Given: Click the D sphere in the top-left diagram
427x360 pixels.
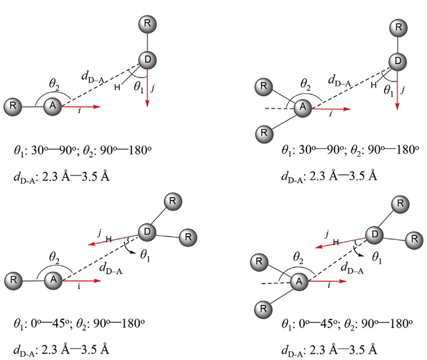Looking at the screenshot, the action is tap(147, 60).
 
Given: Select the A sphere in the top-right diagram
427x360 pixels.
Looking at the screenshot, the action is tap(303, 107).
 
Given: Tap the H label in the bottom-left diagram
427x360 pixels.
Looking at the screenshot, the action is tap(109, 239).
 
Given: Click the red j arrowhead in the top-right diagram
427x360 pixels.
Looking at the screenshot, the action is tap(397, 106).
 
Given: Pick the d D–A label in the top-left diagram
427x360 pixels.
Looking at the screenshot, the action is tap(93, 77).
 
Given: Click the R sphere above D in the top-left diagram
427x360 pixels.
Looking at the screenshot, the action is tap(147, 24).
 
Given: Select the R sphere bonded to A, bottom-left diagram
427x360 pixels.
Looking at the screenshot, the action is tap(13, 281).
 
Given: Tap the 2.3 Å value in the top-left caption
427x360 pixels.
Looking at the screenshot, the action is tap(50, 177).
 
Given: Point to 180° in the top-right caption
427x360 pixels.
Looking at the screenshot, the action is tap(407, 150).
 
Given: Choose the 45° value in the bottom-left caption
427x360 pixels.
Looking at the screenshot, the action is tap(60, 324).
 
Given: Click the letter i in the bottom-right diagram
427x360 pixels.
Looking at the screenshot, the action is tap(329, 285).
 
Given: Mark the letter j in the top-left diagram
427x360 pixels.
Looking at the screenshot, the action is tap(153, 88).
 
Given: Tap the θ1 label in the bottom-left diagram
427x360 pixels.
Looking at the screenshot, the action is tap(145, 256).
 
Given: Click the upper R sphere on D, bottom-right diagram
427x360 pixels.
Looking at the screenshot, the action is tap(400, 204).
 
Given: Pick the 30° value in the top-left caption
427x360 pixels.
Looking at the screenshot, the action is tap(38, 150).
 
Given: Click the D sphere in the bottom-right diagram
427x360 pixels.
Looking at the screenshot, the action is tap(375, 235).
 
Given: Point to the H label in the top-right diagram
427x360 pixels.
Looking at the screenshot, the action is tap(373, 85).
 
